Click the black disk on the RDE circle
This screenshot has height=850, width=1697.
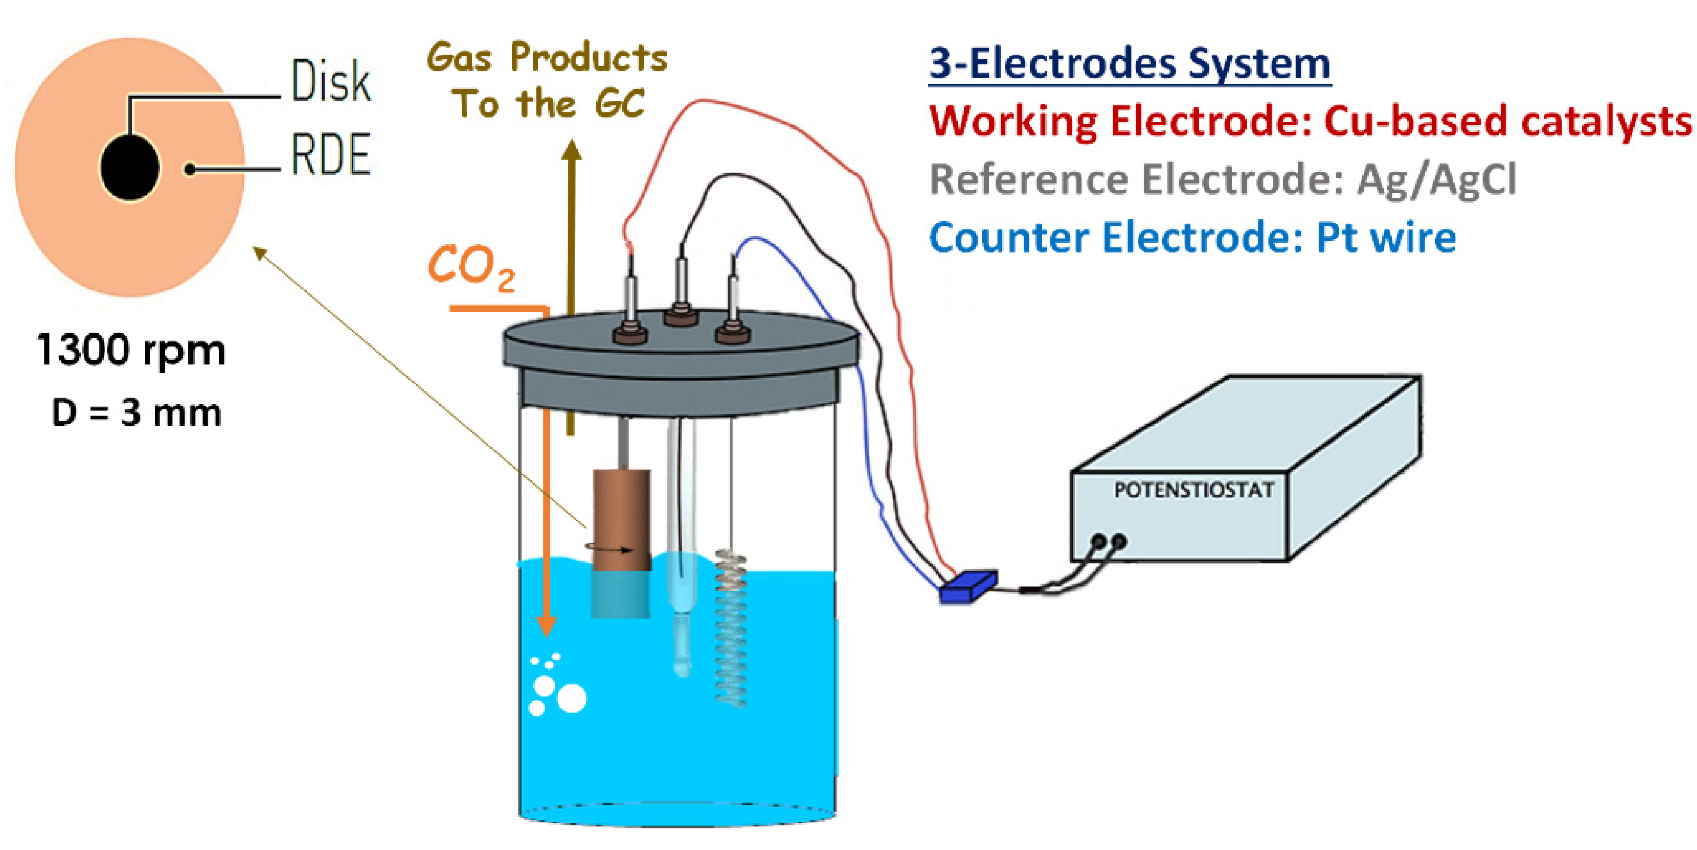pos(130,167)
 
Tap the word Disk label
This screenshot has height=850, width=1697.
pos(331,81)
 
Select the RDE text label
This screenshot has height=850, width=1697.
pos(331,155)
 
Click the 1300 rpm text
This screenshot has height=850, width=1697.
pos(131,350)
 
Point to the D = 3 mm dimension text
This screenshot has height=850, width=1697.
pos(136,413)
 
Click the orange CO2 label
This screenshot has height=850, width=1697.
pos(470,267)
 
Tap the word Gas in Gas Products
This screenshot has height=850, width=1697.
pos(459,58)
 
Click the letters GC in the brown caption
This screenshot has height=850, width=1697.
pos(619,104)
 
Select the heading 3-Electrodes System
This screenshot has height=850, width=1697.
pos(1129,64)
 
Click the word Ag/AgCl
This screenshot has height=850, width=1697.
pos(1436,179)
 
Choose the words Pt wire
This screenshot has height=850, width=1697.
pos(1386,237)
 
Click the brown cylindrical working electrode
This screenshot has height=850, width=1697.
pos(621,521)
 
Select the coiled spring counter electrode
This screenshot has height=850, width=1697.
pos(730,626)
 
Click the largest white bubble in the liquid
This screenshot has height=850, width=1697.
pos(571,698)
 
